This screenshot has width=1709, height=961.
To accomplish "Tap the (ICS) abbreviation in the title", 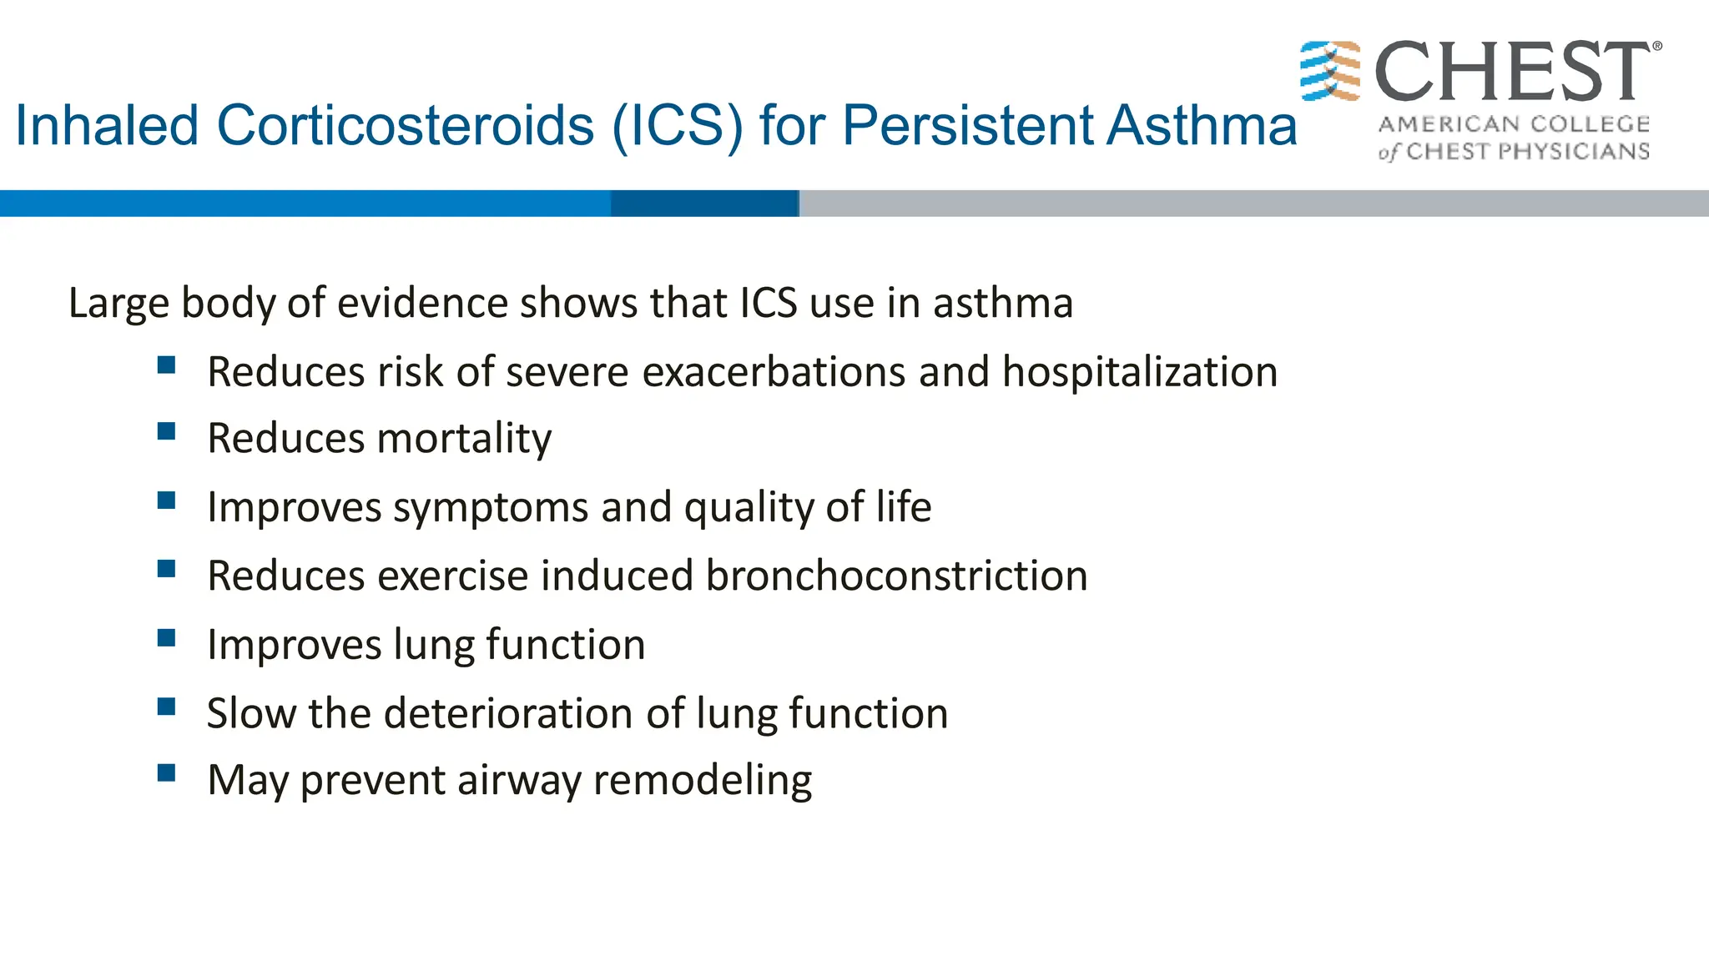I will [x=677, y=126].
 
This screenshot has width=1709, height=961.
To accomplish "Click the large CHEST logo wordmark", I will [x=1512, y=72].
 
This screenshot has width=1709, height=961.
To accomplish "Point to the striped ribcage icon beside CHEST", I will [x=1330, y=71].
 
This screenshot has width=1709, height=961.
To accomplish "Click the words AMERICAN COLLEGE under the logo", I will [x=1514, y=124].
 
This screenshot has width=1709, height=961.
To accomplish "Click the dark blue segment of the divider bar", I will [x=704, y=204].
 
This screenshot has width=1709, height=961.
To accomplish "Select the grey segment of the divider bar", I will [x=1252, y=204].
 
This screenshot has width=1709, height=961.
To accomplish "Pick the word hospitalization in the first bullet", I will [x=1140, y=372].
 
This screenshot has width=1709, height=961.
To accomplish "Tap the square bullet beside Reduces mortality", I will [x=166, y=431].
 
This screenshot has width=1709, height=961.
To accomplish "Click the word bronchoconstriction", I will [x=897, y=576].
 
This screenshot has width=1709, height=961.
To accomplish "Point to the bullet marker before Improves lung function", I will [x=166, y=638].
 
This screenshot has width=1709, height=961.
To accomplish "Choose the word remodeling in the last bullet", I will [x=702, y=781].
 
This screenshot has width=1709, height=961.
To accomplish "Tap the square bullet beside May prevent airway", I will [x=166, y=773].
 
